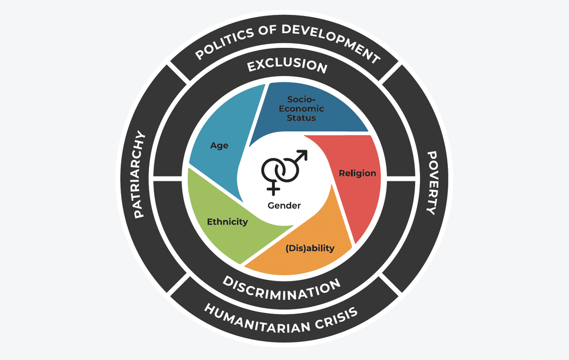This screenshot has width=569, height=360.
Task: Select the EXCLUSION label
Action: click(x=287, y=65)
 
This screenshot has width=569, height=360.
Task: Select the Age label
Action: click(x=219, y=146)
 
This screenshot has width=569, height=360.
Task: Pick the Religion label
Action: click(x=357, y=173)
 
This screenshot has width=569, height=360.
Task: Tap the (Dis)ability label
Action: click(x=310, y=248)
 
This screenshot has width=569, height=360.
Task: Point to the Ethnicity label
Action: click(x=227, y=221)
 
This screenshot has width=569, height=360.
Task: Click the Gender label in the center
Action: click(x=284, y=205)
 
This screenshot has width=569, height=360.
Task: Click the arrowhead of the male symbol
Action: click(x=303, y=154)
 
